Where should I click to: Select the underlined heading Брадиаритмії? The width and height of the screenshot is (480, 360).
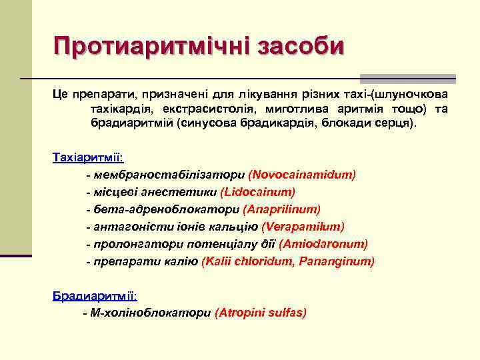95,295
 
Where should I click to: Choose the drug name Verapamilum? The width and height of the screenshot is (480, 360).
304,227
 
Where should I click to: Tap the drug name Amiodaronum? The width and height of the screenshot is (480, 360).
323,244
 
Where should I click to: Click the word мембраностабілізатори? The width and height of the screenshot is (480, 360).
169,175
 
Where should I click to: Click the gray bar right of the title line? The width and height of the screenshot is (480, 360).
407,79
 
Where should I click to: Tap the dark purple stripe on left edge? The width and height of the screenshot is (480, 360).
16,255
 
